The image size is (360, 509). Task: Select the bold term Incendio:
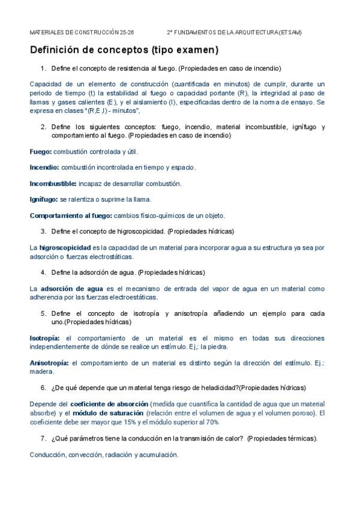[44, 167]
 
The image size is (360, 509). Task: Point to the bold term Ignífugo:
[44, 199]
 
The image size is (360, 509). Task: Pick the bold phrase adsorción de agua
[68, 288]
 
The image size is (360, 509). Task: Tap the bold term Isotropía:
[46, 339]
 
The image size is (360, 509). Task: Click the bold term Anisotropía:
[49, 363]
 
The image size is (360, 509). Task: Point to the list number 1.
[43, 68]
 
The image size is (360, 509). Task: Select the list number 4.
[43, 272]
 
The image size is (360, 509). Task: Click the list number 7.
[43, 438]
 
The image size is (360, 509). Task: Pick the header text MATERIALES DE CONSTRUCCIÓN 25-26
[82, 32]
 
